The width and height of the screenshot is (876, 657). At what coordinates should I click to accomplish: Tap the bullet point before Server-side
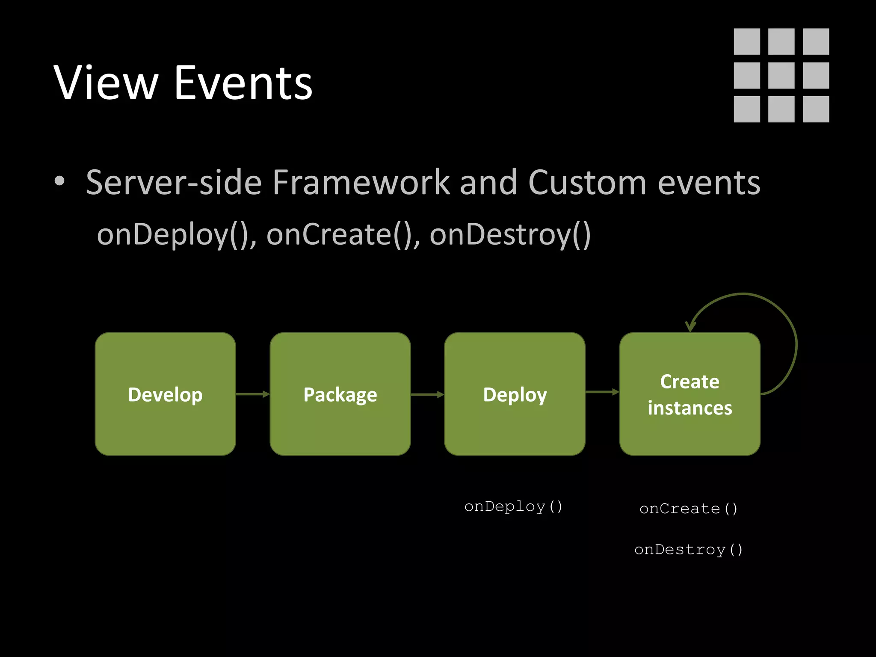59,181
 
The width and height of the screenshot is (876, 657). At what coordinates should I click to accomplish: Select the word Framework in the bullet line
361,183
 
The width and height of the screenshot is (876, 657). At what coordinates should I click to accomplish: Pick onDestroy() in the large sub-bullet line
510,235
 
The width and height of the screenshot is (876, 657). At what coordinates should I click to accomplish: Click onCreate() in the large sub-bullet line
342,235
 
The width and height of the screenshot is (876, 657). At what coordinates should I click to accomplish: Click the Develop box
166,394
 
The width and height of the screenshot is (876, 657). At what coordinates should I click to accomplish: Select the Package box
340,394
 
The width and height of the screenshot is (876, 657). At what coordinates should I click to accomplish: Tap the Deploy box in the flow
515,394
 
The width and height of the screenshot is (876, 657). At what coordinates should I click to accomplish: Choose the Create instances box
690,394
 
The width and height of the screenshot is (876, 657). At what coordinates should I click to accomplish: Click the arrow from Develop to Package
252,394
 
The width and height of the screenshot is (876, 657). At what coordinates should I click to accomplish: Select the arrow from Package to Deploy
427,394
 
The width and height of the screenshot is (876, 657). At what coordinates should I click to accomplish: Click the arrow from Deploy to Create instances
602,392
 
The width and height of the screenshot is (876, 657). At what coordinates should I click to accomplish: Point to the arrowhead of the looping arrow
690,327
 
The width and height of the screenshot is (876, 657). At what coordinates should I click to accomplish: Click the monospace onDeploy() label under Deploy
513,507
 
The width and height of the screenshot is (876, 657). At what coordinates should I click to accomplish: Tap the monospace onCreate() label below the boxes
689,509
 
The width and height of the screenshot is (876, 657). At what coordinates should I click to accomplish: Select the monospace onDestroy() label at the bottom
689,550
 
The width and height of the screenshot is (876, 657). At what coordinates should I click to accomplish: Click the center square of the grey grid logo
781,75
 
